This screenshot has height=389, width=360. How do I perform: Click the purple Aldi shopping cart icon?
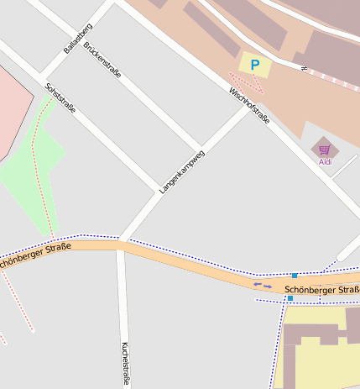324,150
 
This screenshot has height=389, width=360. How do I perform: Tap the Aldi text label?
325,161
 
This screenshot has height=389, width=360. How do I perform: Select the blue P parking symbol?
255,64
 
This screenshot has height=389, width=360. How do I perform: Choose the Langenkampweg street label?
182,171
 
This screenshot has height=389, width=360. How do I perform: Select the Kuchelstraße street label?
126,363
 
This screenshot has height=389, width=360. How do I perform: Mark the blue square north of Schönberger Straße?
295,276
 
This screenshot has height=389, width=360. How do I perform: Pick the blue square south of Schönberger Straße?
290,298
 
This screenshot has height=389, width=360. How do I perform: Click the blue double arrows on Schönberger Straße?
263,286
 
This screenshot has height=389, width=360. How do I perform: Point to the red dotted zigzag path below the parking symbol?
246,81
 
